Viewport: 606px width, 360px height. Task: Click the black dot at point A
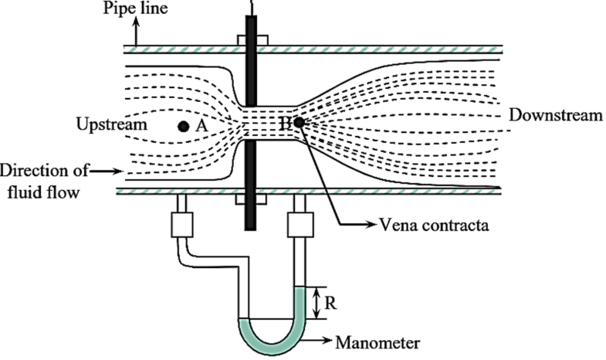[182, 127]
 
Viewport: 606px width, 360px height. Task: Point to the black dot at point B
[298, 122]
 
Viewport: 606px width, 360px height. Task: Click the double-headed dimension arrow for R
[317, 302]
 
